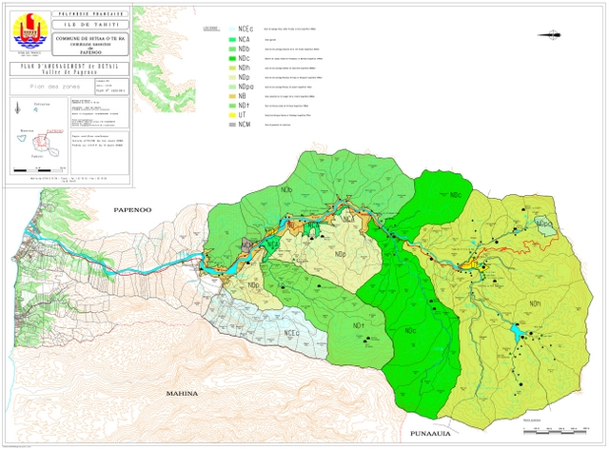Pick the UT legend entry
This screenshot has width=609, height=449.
244,114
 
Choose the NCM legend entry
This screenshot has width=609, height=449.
246,125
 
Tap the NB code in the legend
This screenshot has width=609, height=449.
244,96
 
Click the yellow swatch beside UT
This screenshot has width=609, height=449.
230,114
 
